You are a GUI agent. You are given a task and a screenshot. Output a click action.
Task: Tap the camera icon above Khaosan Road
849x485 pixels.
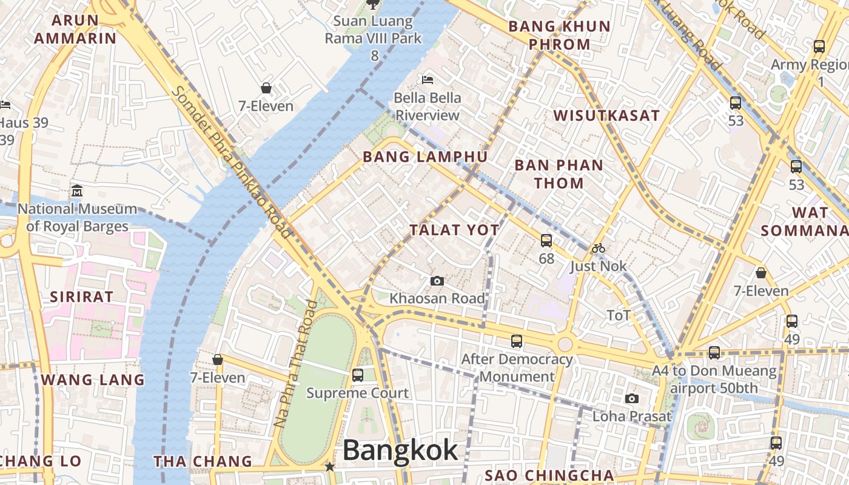[437, 281]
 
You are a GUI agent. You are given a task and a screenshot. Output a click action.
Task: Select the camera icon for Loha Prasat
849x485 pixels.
[632, 398]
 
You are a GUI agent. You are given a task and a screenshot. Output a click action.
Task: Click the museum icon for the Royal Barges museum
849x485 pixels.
[76, 191]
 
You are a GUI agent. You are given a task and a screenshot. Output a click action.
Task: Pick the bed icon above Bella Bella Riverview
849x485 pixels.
[428, 79]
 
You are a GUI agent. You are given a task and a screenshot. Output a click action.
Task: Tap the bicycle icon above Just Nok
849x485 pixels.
[598, 248]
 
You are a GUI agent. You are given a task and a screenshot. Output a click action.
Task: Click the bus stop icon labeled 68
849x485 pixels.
[546, 241]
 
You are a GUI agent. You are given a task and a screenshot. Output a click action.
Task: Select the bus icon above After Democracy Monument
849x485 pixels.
[517, 341]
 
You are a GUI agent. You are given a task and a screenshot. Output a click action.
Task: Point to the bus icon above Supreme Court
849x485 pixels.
[358, 375]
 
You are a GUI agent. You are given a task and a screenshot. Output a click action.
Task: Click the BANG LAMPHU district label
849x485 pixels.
[425, 157]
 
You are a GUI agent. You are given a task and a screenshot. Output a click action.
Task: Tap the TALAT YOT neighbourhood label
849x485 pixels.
[454, 230]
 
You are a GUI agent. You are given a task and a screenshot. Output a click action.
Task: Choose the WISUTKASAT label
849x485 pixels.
[606, 116]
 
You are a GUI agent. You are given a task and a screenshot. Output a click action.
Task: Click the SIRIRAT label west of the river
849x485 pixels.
[81, 297]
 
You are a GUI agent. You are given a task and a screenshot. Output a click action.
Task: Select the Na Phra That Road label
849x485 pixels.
[295, 364]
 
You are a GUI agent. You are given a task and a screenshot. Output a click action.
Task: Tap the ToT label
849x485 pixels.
[619, 315]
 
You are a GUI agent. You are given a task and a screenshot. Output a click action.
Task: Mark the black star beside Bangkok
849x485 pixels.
[329, 467]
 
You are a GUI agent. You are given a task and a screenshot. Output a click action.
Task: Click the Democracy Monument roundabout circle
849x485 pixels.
[565, 344]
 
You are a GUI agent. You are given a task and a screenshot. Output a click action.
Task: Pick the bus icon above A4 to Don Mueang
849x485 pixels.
[714, 352]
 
